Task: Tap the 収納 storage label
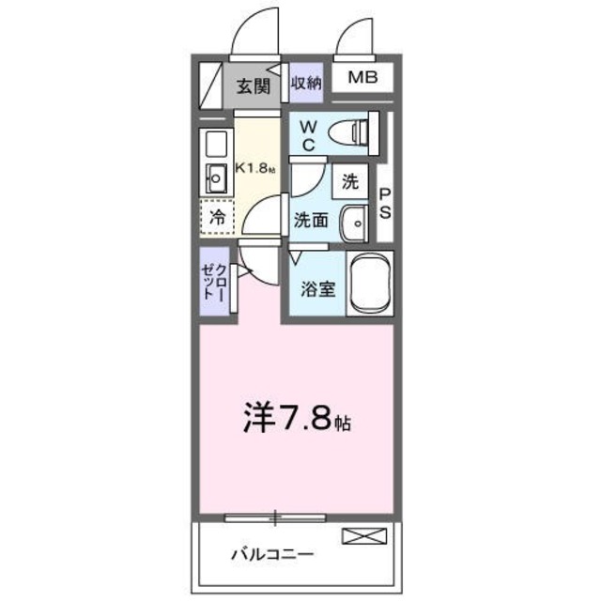(306, 83)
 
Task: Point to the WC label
(310, 134)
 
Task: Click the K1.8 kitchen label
(254, 169)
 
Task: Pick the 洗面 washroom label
(311, 221)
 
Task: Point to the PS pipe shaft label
(385, 201)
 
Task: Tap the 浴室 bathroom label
(318, 289)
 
